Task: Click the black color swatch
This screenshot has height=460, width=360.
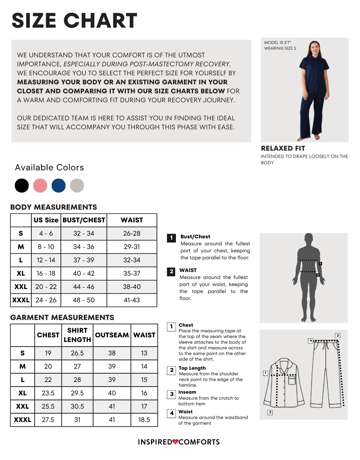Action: point(22,186)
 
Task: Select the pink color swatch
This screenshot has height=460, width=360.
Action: point(40,186)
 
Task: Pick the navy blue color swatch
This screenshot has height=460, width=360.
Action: point(59,186)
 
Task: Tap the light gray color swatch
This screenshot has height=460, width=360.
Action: point(77,186)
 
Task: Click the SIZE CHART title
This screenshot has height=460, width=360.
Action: point(74,21)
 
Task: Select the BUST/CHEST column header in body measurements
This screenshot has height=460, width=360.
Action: point(84,220)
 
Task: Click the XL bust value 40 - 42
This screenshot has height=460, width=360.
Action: point(84,273)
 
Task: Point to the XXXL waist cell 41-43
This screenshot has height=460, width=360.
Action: point(132,300)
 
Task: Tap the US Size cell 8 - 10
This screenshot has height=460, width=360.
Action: point(46,247)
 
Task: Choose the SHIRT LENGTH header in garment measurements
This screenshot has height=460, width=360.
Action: point(77,335)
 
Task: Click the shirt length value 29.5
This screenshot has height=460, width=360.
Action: point(77,393)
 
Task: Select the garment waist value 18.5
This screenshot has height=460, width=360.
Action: point(144,420)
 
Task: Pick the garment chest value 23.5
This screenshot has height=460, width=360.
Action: point(48,393)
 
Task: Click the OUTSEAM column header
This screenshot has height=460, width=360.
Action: point(112,335)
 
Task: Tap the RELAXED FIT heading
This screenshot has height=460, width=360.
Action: point(283,148)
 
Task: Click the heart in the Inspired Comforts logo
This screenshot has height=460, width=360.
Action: point(175,442)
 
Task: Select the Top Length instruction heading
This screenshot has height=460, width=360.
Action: point(192,368)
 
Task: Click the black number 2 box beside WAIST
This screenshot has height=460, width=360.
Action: point(171,271)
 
